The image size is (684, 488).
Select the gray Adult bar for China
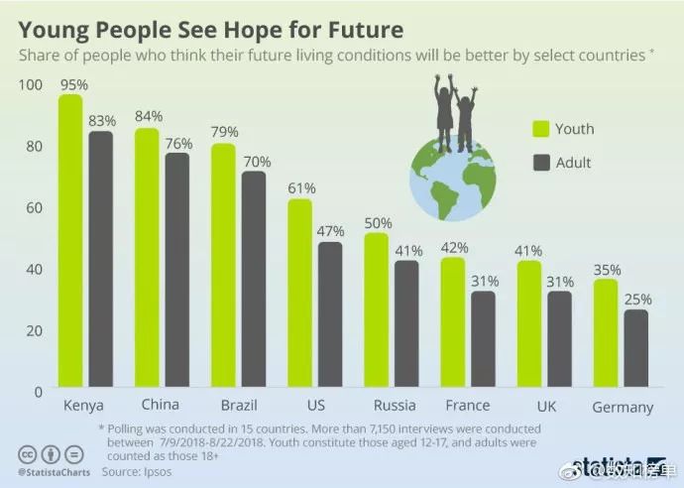[x=177, y=272]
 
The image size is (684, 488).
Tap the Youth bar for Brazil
[x=224, y=267]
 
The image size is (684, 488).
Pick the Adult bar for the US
[x=330, y=315]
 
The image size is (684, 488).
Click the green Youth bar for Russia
[x=377, y=311]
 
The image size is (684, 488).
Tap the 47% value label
[x=330, y=231]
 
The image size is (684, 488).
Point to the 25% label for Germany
[x=635, y=299]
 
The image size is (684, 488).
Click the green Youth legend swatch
[x=541, y=129]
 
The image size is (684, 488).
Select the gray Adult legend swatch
[x=541, y=162]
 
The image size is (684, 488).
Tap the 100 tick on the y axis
[x=31, y=85]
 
